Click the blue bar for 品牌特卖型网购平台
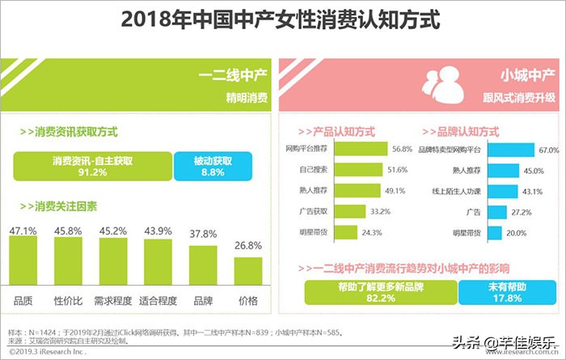(x=510, y=150)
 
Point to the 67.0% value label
(x=549, y=150)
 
